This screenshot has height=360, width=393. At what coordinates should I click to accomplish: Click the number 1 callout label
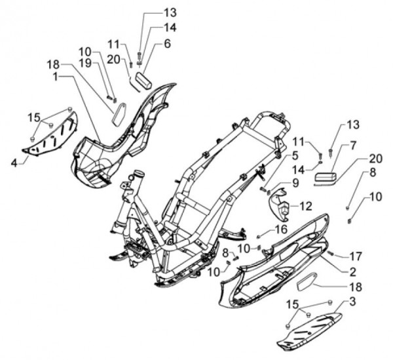(58, 77)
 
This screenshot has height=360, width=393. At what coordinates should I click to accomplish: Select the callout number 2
(352, 271)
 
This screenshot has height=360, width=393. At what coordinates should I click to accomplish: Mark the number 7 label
(353, 145)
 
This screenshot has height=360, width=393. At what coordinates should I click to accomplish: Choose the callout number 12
(306, 205)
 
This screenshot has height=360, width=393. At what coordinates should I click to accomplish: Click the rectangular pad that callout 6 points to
(144, 83)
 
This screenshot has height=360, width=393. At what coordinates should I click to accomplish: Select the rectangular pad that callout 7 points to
(326, 176)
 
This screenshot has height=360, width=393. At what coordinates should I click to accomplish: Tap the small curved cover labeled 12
(282, 204)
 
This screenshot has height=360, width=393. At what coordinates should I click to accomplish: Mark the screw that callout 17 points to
(331, 253)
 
